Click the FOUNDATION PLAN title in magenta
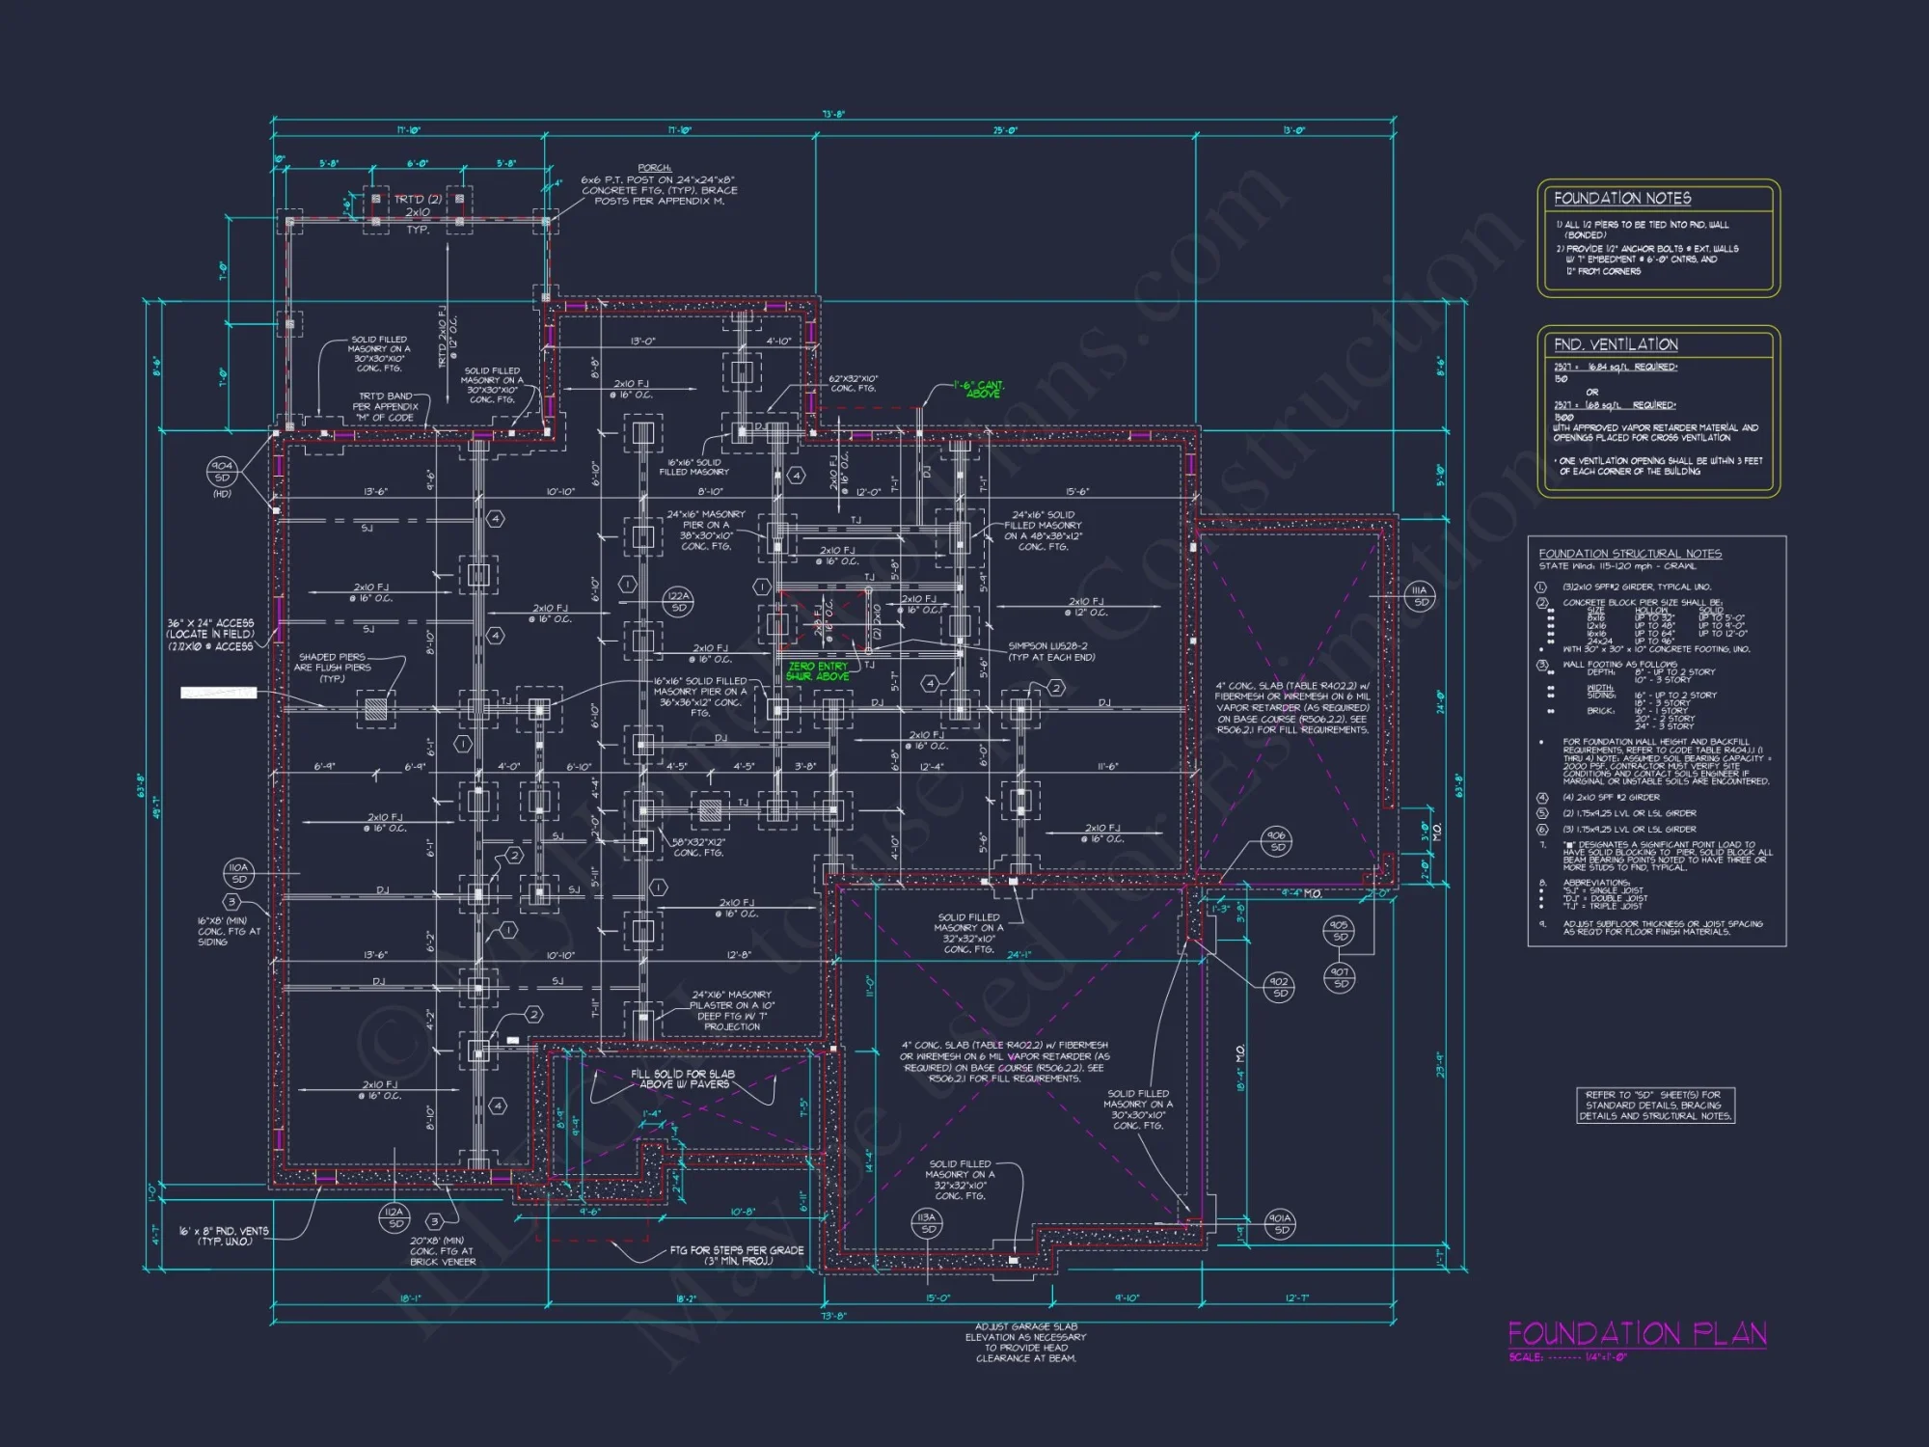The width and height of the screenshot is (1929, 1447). pyautogui.click(x=1637, y=1334)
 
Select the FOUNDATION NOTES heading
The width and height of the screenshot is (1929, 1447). pyautogui.click(x=1622, y=199)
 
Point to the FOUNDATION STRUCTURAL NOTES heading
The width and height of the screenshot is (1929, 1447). pyautogui.click(x=1630, y=554)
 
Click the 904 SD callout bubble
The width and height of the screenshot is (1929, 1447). pyautogui.click(x=222, y=472)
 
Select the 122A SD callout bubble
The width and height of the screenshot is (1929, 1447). pyautogui.click(x=679, y=602)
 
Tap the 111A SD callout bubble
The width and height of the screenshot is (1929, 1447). pyautogui.click(x=1420, y=596)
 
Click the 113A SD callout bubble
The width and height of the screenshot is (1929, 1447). pyautogui.click(x=927, y=1223)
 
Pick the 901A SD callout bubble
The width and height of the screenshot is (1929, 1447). pyautogui.click(x=1280, y=1224)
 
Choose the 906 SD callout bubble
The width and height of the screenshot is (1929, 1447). pyautogui.click(x=1276, y=841)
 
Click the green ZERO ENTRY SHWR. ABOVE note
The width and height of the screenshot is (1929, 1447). pyautogui.click(x=818, y=671)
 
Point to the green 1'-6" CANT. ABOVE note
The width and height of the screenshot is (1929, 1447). pyautogui.click(x=979, y=389)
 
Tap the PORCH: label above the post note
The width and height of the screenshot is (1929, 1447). pyautogui.click(x=655, y=168)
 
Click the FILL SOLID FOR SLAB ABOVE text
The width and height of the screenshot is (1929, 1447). pyautogui.click(x=683, y=1078)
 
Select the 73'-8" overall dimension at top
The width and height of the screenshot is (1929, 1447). pyautogui.click(x=833, y=114)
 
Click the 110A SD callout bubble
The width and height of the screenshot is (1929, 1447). pyautogui.click(x=238, y=873)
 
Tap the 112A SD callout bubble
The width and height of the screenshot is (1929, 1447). pyautogui.click(x=394, y=1217)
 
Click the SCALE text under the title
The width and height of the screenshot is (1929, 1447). pyautogui.click(x=1567, y=1357)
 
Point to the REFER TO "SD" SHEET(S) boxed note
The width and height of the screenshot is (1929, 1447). pyautogui.click(x=1655, y=1106)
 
